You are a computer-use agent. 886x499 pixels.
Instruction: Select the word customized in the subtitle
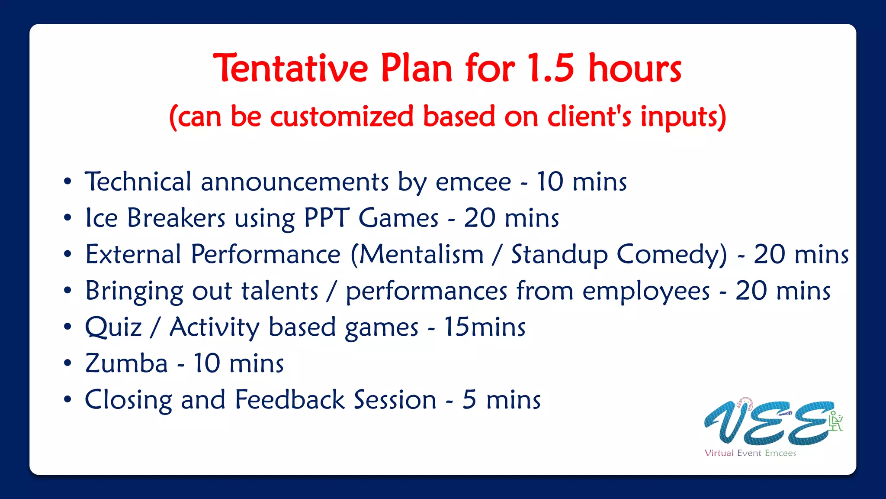point(342,117)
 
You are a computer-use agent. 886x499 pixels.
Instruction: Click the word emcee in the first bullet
point(473,181)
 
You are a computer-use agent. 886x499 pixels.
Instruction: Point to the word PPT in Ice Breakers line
point(327,217)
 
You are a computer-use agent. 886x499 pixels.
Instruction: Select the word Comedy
point(672,255)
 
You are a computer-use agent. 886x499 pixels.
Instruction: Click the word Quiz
point(113,327)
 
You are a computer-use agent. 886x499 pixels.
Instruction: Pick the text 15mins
point(485,327)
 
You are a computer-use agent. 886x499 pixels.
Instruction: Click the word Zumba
point(126,363)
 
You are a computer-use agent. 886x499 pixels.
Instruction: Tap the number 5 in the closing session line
point(469,399)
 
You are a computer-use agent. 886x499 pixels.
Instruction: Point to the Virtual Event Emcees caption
point(750,453)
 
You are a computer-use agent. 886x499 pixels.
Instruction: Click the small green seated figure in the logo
point(835,421)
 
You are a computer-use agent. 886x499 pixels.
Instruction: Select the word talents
point(279,291)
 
